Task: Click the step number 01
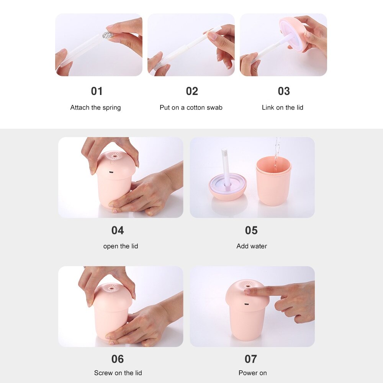[x=97, y=91]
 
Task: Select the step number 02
[x=192, y=91]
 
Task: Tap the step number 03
[x=284, y=91]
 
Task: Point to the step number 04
[x=118, y=230]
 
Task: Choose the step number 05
[x=251, y=230]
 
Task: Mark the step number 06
[x=118, y=359]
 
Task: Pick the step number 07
[x=251, y=359]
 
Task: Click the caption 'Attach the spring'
[x=95, y=108]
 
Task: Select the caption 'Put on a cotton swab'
[x=191, y=108]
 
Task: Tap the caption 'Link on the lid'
[x=282, y=108]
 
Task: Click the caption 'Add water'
[x=252, y=246]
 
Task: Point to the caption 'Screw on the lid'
[x=118, y=373]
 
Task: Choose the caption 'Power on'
[x=252, y=373]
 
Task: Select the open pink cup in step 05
[x=273, y=182]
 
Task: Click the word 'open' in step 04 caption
[x=110, y=246]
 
